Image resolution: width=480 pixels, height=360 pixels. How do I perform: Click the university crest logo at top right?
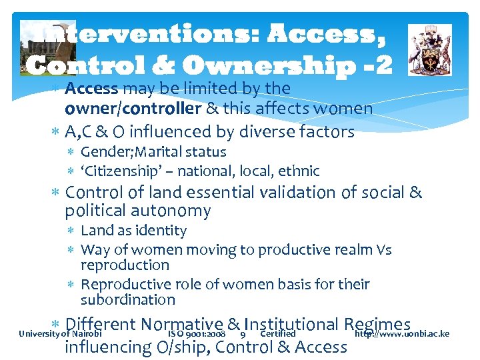pyautogui.click(x=429, y=49)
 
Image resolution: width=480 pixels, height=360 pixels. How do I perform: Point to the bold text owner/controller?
pyautogui.click(x=133, y=108)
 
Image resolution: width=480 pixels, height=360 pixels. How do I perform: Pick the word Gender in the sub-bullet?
pyautogui.click(x=102, y=152)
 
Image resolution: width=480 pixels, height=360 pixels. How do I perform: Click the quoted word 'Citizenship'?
pyautogui.click(x=121, y=171)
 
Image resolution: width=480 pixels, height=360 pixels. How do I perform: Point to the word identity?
pyautogui.click(x=159, y=231)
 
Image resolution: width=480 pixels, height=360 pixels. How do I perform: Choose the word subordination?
pyautogui.click(x=127, y=300)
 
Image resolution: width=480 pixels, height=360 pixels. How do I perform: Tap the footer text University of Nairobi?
pyautogui.click(x=61, y=334)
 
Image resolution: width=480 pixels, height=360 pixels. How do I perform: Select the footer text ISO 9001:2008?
pyautogui.click(x=197, y=334)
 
